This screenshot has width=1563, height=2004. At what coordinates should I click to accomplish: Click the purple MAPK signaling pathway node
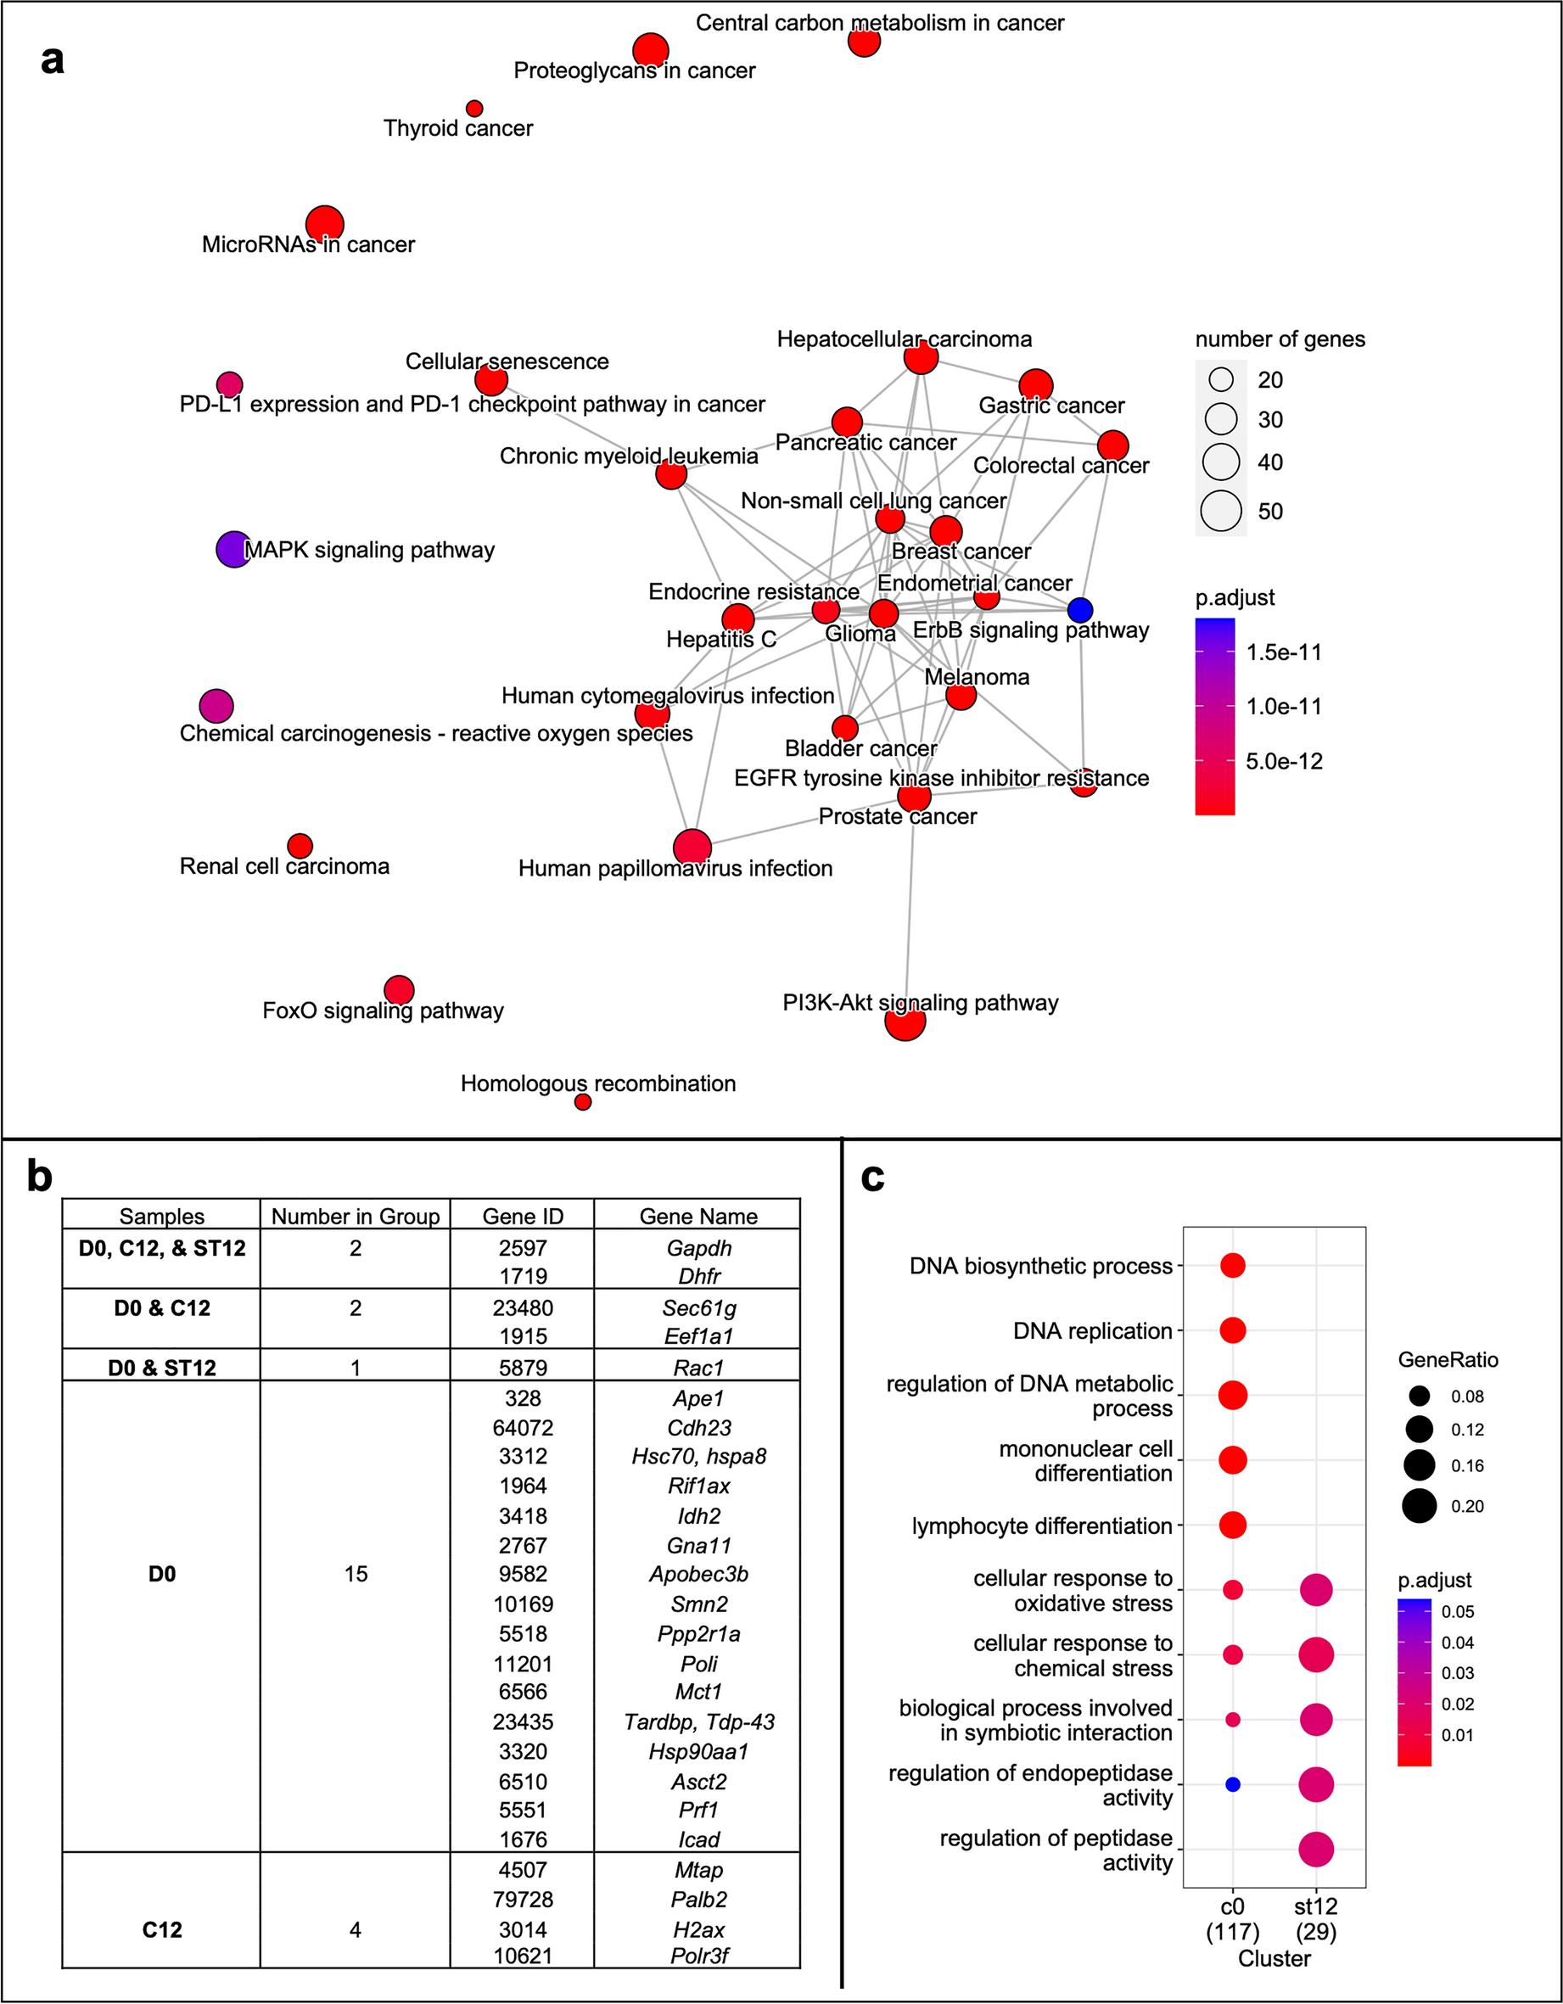233,549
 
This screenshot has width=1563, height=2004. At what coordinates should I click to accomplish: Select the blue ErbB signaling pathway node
1080,609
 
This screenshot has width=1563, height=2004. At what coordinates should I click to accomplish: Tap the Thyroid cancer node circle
474,109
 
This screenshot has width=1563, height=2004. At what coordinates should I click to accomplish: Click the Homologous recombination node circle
583,1102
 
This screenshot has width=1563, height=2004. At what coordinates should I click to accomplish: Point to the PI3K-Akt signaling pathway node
905,1021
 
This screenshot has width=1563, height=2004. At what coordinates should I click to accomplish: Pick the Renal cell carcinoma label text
284,866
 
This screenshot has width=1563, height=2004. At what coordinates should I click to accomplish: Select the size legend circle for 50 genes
1222,511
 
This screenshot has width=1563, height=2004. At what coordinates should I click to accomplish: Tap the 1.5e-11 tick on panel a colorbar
1283,652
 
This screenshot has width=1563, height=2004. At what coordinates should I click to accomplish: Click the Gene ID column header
522,1216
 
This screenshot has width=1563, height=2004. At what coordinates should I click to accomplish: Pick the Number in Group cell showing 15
356,1574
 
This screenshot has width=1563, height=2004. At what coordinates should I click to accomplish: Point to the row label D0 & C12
161,1307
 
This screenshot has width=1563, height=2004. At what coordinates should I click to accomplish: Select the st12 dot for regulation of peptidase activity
1316,1850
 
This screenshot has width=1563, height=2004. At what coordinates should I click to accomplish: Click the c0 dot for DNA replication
1233,1329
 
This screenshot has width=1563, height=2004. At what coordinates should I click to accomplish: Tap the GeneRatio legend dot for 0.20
1419,1506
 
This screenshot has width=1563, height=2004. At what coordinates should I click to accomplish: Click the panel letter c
873,1176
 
